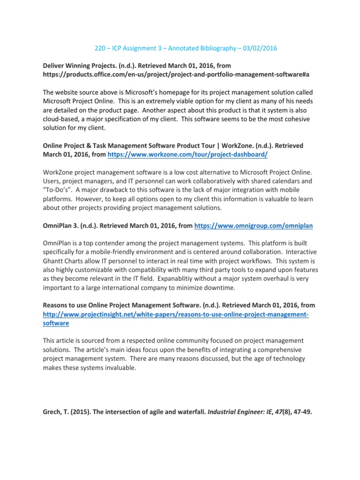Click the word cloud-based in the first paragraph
63,119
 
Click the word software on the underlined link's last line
56,323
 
